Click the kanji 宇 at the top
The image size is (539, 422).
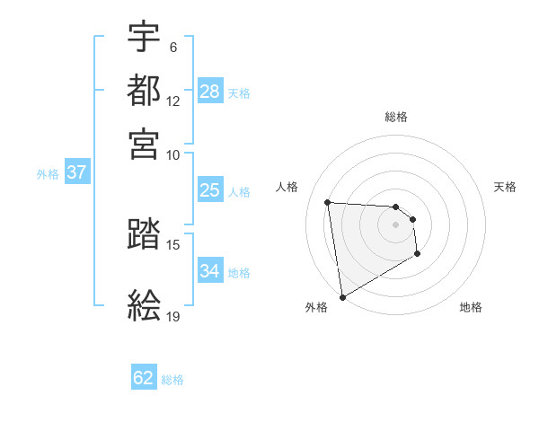pyautogui.click(x=144, y=37)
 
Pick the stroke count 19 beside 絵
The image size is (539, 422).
pyautogui.click(x=173, y=317)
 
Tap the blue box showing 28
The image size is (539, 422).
pyautogui.click(x=210, y=92)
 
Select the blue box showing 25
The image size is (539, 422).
pyautogui.click(x=210, y=190)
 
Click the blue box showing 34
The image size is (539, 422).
pyautogui.click(x=210, y=271)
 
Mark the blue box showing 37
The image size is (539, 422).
pyautogui.click(x=75, y=172)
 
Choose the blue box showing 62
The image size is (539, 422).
pyautogui.click(x=144, y=378)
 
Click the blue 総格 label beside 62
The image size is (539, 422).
pyautogui.click(x=172, y=380)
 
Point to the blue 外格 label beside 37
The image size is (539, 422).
pyautogui.click(x=48, y=174)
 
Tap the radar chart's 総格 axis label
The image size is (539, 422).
pyautogui.click(x=396, y=117)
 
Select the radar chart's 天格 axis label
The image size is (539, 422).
pyautogui.click(x=506, y=187)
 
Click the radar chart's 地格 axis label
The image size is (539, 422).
pyautogui.click(x=471, y=307)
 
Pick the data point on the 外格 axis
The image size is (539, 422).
pyautogui.click(x=342, y=297)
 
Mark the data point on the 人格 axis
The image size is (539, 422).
pyautogui.click(x=328, y=202)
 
